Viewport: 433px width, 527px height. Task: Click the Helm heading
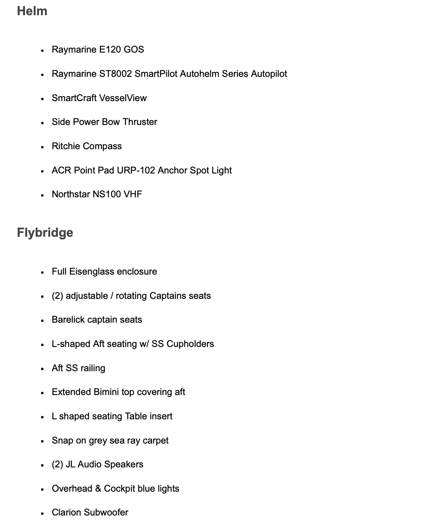coord(32,11)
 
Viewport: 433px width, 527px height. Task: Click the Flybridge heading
coord(45,233)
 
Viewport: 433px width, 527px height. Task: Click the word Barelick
coord(68,320)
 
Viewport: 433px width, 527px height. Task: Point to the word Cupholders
coord(190,344)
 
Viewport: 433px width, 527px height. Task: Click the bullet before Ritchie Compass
coord(42,147)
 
